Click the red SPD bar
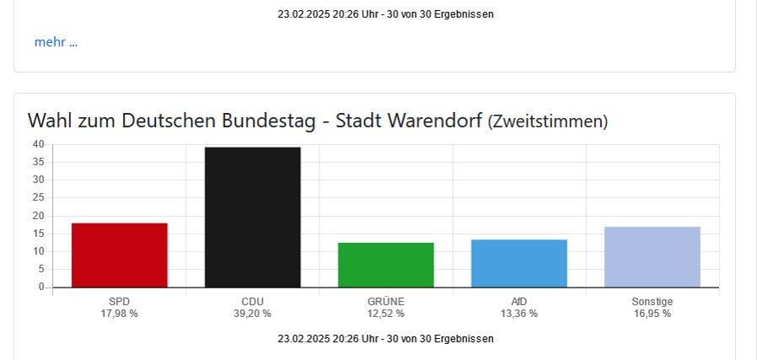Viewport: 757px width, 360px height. (x=119, y=255)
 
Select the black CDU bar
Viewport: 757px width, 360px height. (x=252, y=217)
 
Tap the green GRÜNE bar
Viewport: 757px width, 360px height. (x=385, y=265)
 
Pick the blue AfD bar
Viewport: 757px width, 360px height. (x=518, y=263)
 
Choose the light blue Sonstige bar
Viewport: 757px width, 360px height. (x=652, y=256)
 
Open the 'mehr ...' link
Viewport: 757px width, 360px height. (x=56, y=42)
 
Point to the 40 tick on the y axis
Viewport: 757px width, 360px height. (x=38, y=144)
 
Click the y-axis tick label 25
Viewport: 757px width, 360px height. (x=38, y=197)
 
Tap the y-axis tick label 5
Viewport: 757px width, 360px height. (x=40, y=269)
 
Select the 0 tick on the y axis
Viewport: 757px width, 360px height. (x=40, y=287)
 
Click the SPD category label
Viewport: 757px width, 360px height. (x=119, y=301)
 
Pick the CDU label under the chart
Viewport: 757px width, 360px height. (x=252, y=301)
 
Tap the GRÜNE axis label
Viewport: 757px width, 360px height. (x=385, y=301)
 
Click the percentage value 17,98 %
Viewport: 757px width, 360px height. (x=119, y=314)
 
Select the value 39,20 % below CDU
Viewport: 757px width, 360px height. (x=252, y=314)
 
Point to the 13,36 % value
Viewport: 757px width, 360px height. (x=518, y=314)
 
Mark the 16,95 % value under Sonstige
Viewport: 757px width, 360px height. (x=652, y=314)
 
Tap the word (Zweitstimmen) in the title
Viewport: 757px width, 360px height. (x=548, y=121)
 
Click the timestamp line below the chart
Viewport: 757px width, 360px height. (x=385, y=338)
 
